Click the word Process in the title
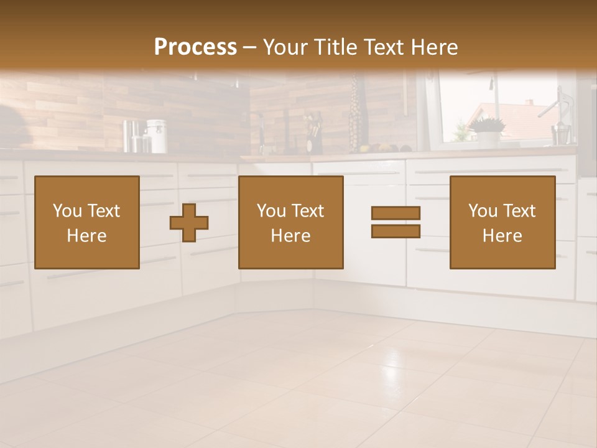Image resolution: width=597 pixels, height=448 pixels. (195, 47)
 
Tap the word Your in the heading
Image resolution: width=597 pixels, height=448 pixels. (285, 47)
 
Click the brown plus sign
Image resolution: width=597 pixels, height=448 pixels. (189, 223)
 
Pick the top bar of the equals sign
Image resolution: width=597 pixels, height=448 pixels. (396, 213)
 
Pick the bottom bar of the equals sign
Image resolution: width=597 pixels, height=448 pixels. (396, 231)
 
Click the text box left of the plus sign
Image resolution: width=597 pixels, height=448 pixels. (87, 222)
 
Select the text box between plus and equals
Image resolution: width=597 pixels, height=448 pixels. (290, 222)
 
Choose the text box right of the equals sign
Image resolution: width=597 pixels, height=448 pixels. (502, 222)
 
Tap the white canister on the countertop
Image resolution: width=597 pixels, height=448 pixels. (157, 136)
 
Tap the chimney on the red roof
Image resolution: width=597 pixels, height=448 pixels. (529, 101)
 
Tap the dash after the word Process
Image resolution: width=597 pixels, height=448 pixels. (250, 47)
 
